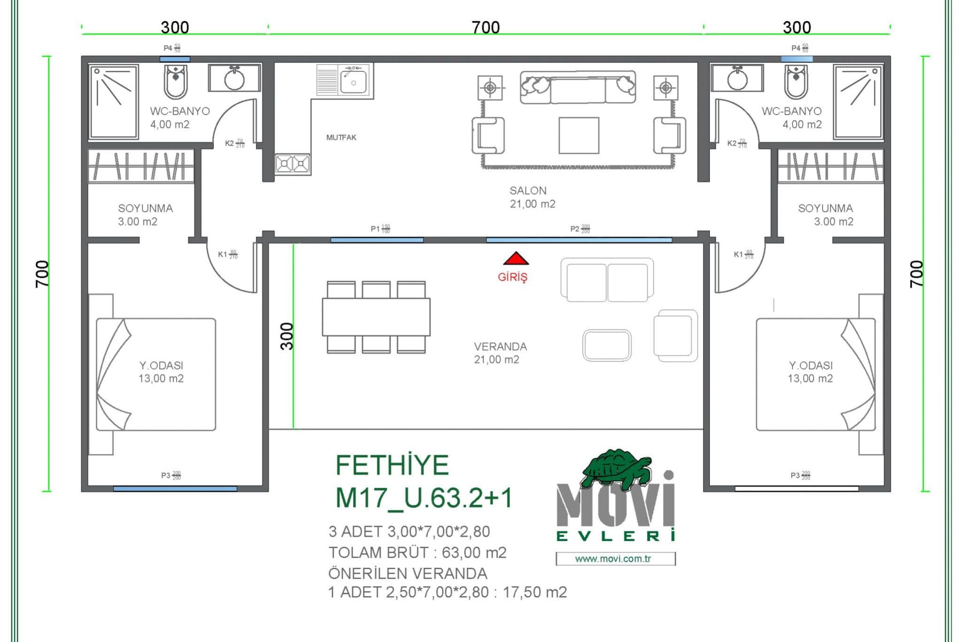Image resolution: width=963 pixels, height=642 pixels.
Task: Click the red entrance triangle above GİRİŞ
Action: [516, 259]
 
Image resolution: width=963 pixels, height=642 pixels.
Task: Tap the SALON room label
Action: [528, 191]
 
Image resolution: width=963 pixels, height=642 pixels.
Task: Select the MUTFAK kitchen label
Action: [341, 138]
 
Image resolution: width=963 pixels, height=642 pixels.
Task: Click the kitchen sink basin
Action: [353, 83]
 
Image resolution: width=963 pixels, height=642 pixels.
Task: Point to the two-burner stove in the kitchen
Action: [292, 164]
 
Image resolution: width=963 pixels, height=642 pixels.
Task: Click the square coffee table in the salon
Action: [579, 135]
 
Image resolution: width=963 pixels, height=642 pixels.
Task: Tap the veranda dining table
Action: [376, 317]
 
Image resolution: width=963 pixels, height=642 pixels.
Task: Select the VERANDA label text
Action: [500, 347]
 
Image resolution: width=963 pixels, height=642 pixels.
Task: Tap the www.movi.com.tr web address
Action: [613, 559]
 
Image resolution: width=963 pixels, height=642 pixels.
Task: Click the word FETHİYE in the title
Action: [392, 465]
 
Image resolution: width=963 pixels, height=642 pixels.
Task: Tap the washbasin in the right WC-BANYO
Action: [737, 78]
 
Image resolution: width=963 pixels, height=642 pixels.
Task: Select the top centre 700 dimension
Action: [485, 27]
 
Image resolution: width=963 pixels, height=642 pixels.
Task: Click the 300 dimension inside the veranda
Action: [287, 336]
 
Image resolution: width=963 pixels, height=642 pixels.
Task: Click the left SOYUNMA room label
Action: [145, 209]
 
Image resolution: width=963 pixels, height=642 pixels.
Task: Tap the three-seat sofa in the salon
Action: [578, 87]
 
